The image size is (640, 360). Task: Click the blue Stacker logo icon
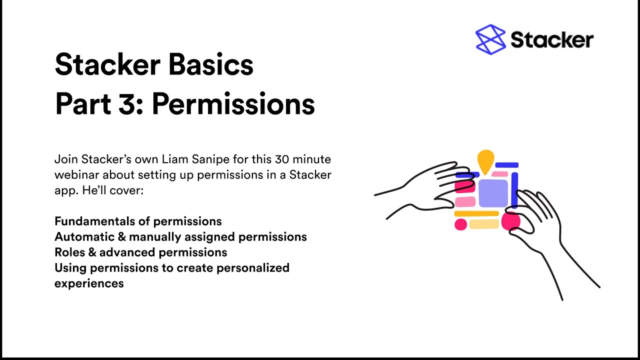pyautogui.click(x=490, y=39)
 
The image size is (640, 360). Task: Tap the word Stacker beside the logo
pyautogui.click(x=551, y=39)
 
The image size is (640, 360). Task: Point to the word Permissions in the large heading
pyautogui.click(x=233, y=103)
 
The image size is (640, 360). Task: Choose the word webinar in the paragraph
pyautogui.click(x=76, y=175)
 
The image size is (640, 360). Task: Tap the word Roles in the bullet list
pyautogui.click(x=69, y=252)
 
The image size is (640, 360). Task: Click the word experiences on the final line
pyautogui.click(x=89, y=283)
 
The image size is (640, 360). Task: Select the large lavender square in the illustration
pyautogui.click(x=493, y=192)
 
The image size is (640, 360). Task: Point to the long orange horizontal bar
pyautogui.click(x=476, y=213)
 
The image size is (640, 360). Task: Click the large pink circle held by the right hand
pyautogui.click(x=510, y=221)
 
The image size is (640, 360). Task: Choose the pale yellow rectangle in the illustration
pyautogui.click(x=483, y=224)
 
